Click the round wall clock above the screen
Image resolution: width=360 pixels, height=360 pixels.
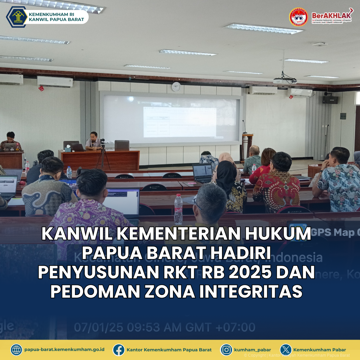[x=176, y=87]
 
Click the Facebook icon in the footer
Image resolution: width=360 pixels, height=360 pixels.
[x=119, y=350]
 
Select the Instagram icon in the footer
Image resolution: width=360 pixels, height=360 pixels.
[x=226, y=350]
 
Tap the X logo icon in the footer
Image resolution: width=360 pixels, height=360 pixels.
[x=286, y=350]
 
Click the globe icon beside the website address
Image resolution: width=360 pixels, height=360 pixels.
[x=16, y=350]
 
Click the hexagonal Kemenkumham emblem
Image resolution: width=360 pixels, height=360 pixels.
[x=17, y=17]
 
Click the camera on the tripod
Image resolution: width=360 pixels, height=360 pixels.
[x=102, y=141]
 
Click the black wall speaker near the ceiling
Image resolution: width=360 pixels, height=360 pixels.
[x=330, y=99]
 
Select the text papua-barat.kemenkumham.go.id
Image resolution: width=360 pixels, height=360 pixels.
[x=64, y=350]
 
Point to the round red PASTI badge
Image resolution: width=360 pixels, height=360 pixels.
[x=298, y=17]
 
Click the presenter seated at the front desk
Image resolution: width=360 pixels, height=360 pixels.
[x=93, y=141]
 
